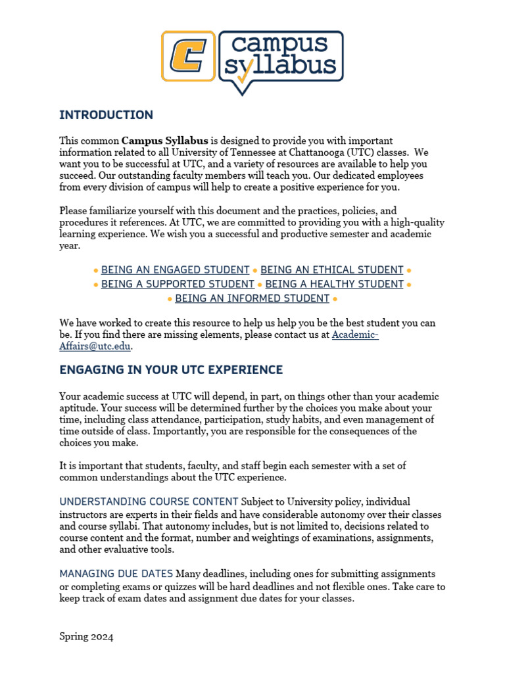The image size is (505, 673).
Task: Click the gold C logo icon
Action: tap(188, 56)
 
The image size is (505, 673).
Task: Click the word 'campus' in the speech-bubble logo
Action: tap(280, 45)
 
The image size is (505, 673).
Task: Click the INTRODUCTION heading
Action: tap(106, 115)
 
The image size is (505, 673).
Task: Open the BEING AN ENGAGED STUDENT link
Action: tap(176, 270)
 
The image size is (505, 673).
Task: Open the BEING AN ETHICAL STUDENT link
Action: tap(332, 270)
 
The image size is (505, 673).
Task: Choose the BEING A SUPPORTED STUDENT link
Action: tap(178, 285)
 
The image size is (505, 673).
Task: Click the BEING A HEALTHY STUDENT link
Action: tap(334, 285)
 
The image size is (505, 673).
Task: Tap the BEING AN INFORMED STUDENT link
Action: tap(252, 299)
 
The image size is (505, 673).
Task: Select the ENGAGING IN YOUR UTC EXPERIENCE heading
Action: tap(171, 370)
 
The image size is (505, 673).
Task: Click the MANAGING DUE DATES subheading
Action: tap(116, 574)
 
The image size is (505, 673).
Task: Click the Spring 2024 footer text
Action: tap(86, 637)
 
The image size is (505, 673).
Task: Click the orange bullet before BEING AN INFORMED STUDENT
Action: tap(170, 299)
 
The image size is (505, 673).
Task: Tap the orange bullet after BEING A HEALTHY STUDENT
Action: tap(409, 285)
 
